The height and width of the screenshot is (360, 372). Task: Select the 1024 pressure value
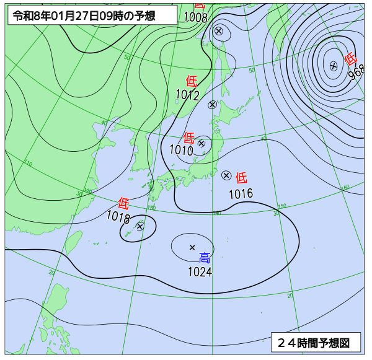[x=200, y=271]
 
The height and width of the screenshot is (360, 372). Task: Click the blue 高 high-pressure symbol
[x=205, y=258]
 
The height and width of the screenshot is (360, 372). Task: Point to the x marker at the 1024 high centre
[x=192, y=247]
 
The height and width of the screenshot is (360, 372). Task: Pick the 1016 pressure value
[x=241, y=193]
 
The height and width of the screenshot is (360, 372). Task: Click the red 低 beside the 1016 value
[x=241, y=178]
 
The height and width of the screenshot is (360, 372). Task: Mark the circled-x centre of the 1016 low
[x=226, y=175]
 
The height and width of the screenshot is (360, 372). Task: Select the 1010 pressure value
[x=181, y=149]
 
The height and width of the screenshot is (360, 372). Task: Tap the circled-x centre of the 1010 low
[x=201, y=143]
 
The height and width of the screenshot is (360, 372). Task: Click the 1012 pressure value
[x=187, y=95]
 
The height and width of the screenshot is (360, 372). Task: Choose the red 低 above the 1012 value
[x=192, y=81]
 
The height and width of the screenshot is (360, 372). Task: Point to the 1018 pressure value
[x=118, y=216]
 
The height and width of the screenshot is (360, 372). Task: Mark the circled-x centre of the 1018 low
[x=139, y=226]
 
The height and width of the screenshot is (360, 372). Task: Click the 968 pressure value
[x=356, y=74]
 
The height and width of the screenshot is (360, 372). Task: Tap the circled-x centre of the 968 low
[x=333, y=65]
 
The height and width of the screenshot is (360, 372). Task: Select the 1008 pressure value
[x=196, y=17]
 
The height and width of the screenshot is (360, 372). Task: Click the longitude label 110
[x=28, y=164]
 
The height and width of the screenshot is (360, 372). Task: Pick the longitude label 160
[x=345, y=187]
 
